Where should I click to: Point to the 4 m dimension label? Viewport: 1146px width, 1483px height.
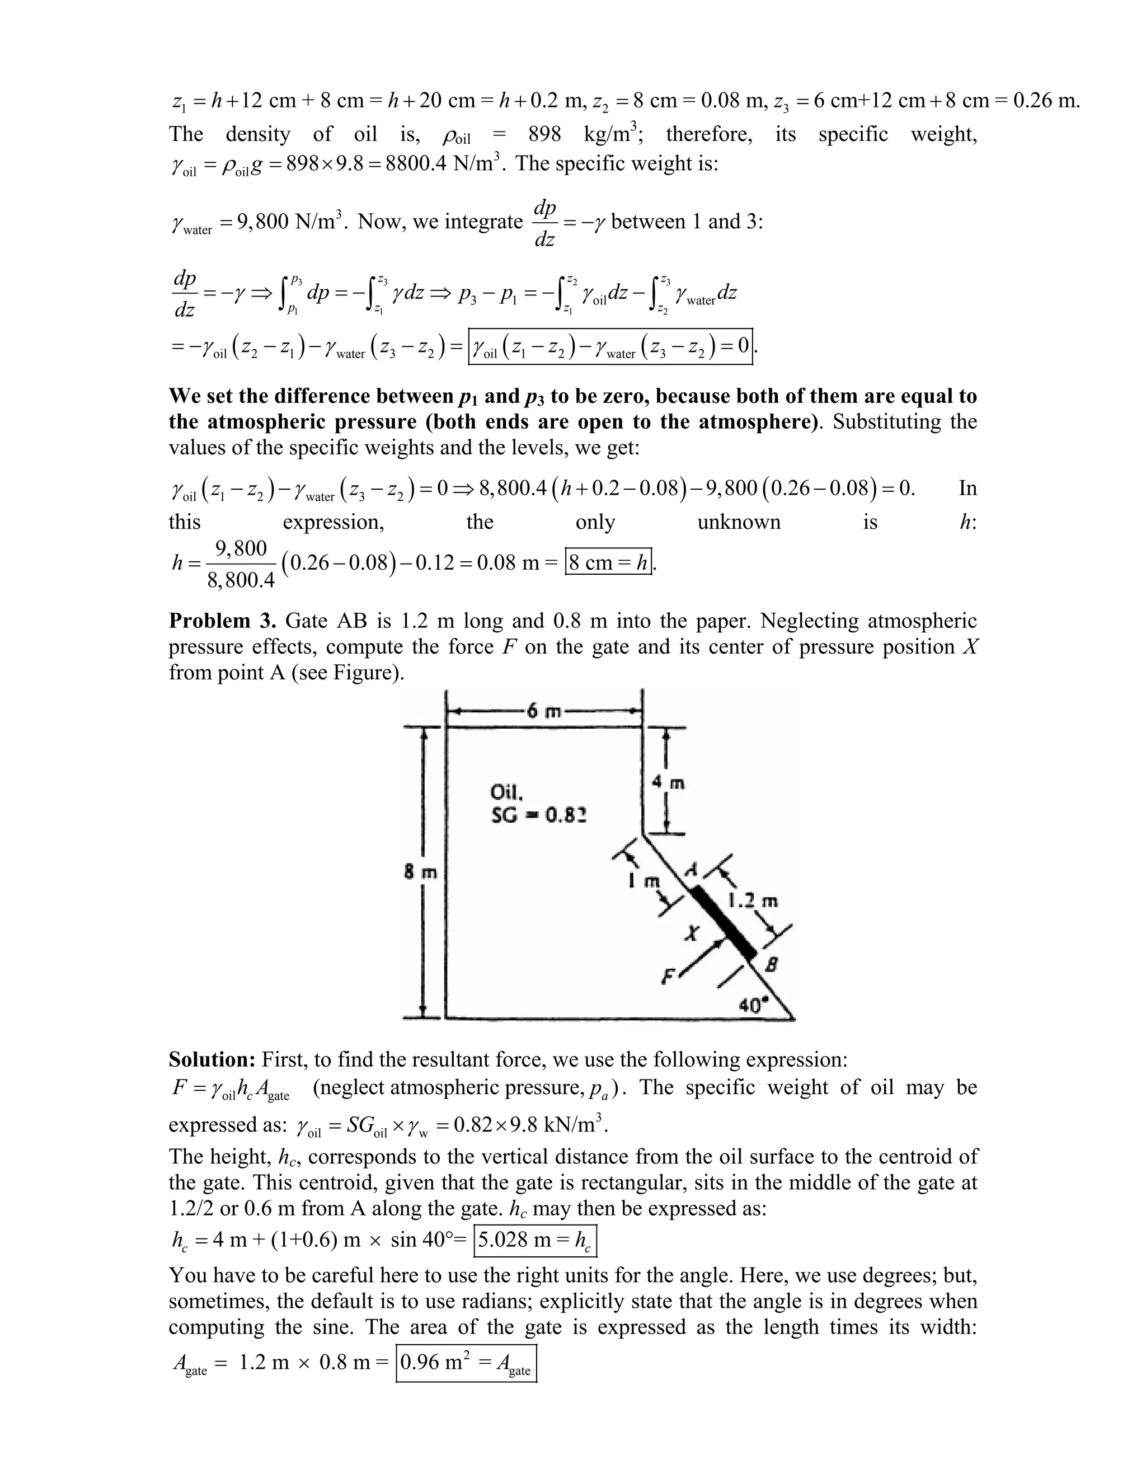668,783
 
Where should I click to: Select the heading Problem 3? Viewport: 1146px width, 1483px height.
223,621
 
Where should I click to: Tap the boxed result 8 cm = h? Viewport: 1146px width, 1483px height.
608,562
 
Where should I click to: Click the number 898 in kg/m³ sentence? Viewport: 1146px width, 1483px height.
544,134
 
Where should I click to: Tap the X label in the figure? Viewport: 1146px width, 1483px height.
691,935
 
